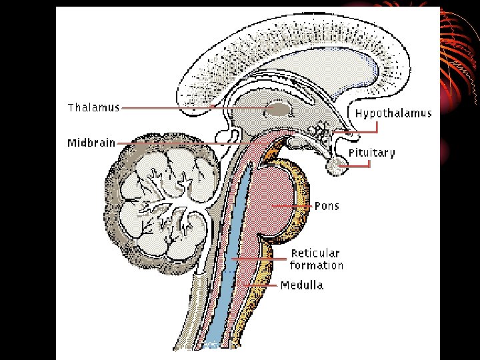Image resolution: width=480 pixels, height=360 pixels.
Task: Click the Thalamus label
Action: pos(93,107)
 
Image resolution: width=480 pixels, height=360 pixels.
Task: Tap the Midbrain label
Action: pos(91,143)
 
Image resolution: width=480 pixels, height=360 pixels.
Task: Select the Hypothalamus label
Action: pos(393,113)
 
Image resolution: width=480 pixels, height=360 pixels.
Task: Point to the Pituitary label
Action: pos(371,153)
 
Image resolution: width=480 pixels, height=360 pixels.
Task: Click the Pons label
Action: pos(327,206)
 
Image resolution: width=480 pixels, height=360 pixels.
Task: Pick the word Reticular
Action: pos(315,253)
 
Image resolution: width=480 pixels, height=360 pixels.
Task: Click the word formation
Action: pos(317,265)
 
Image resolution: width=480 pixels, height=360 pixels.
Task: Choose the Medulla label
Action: pos(301,285)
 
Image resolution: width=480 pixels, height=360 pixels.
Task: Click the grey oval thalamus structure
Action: pos(279,109)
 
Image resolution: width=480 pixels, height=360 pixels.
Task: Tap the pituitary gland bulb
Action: pos(338,167)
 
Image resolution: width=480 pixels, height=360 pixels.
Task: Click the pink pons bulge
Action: pos(273,200)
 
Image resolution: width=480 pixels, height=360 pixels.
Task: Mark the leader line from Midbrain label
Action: pos(187,143)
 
